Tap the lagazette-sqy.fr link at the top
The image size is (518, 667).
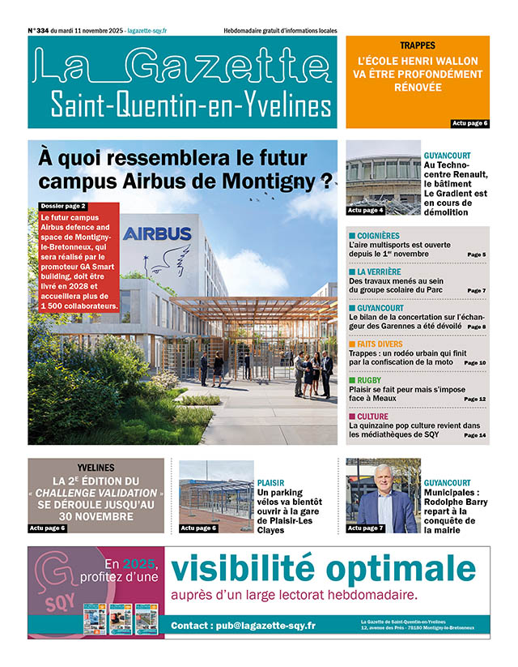tap(147, 31)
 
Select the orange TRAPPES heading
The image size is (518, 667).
tap(417, 45)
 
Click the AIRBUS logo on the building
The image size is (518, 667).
tap(157, 234)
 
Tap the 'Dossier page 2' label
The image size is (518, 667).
tap(62, 206)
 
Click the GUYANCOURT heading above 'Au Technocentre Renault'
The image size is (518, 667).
tap(447, 155)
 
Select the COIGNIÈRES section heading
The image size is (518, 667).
tap(379, 234)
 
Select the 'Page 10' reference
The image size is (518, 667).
tap(475, 362)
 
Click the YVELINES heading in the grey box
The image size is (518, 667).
tap(96, 468)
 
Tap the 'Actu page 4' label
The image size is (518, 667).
tap(365, 210)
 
